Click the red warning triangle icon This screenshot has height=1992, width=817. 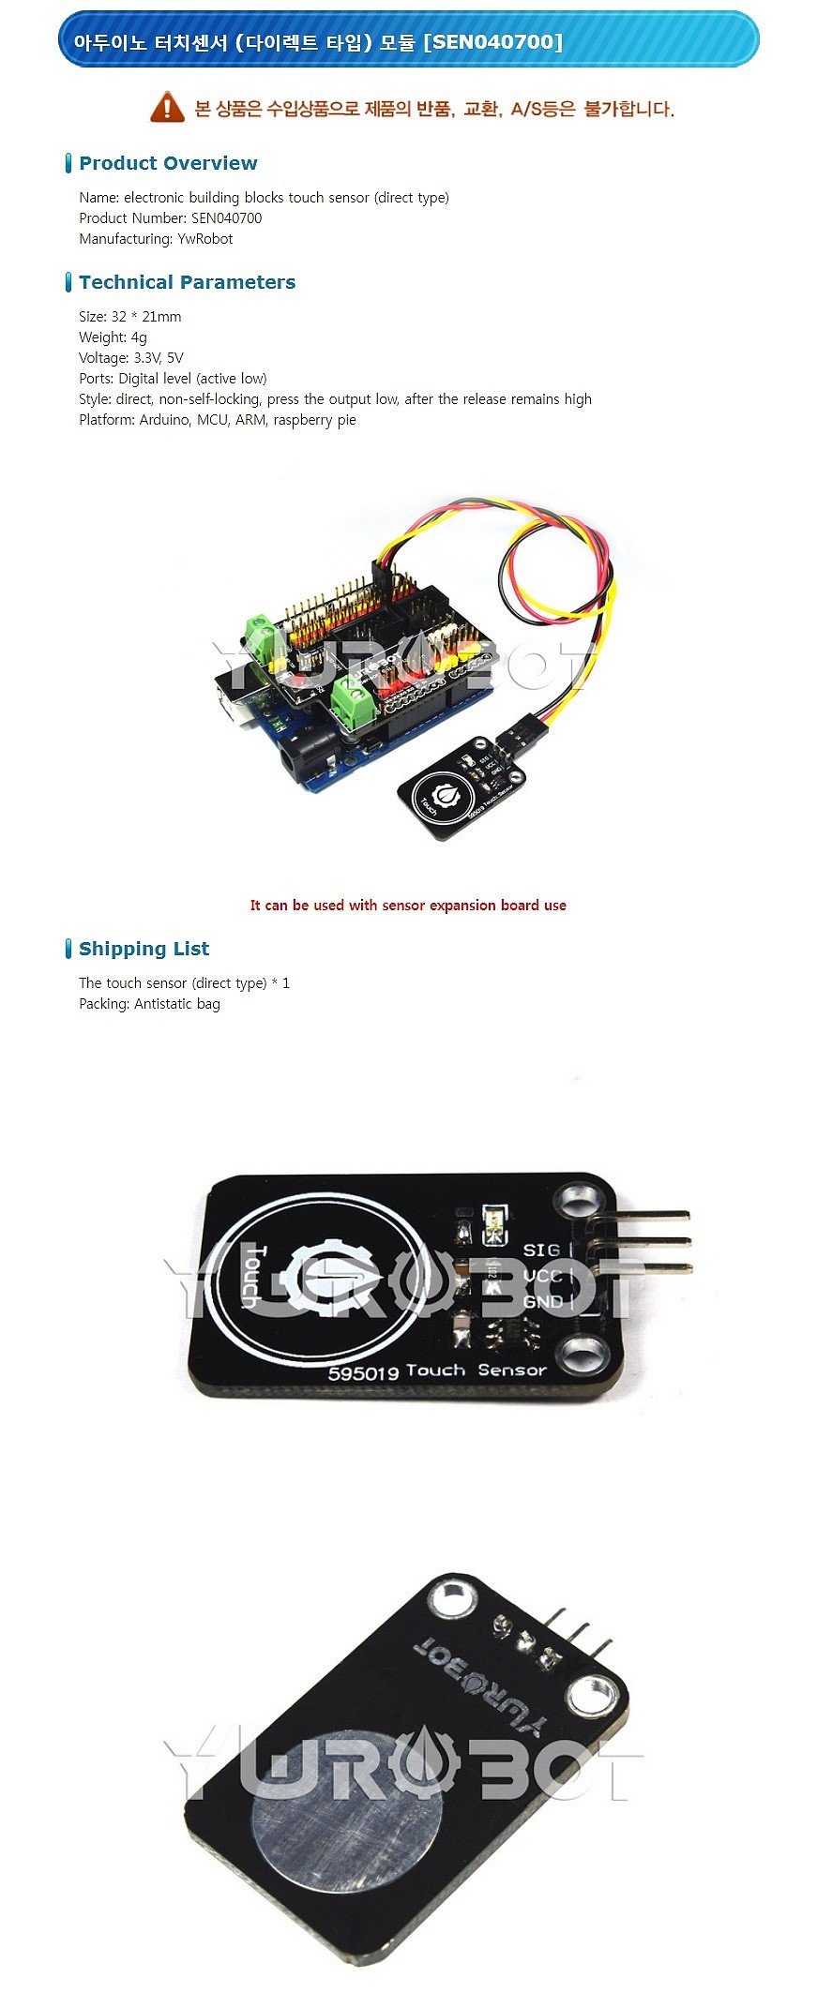click(x=167, y=107)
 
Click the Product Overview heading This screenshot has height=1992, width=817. click(x=168, y=163)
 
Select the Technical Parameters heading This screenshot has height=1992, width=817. click(x=187, y=282)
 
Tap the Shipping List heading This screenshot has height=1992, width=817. click(x=144, y=949)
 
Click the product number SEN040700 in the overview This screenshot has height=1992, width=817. click(x=226, y=218)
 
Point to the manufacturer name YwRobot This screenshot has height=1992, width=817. click(x=205, y=239)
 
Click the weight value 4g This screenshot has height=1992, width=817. click(x=139, y=337)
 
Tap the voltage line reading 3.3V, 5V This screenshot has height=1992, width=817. click(x=131, y=358)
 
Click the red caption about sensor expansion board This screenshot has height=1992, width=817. click(x=408, y=906)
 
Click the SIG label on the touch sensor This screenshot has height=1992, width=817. click(x=541, y=1250)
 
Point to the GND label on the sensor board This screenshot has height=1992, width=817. click(x=543, y=1302)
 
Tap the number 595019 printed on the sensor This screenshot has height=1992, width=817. click(x=363, y=1372)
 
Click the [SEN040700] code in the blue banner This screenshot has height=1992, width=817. click(x=493, y=41)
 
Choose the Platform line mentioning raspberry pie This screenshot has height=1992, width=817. click(x=218, y=420)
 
